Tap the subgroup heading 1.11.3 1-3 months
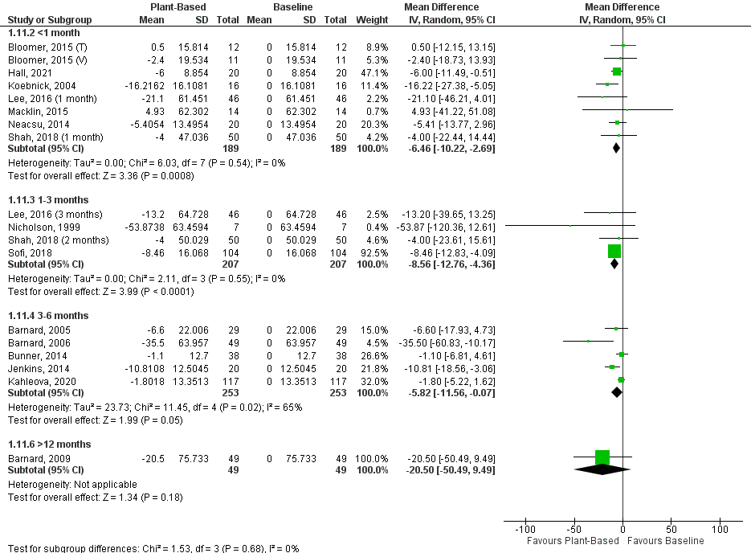tap(49, 199)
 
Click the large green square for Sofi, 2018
tap(614, 251)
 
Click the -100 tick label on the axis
tap(524, 530)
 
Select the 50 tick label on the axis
tap(671, 530)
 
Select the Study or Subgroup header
tap(50, 18)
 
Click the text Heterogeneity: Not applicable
tap(72, 484)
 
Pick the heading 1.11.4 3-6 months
tap(49, 315)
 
